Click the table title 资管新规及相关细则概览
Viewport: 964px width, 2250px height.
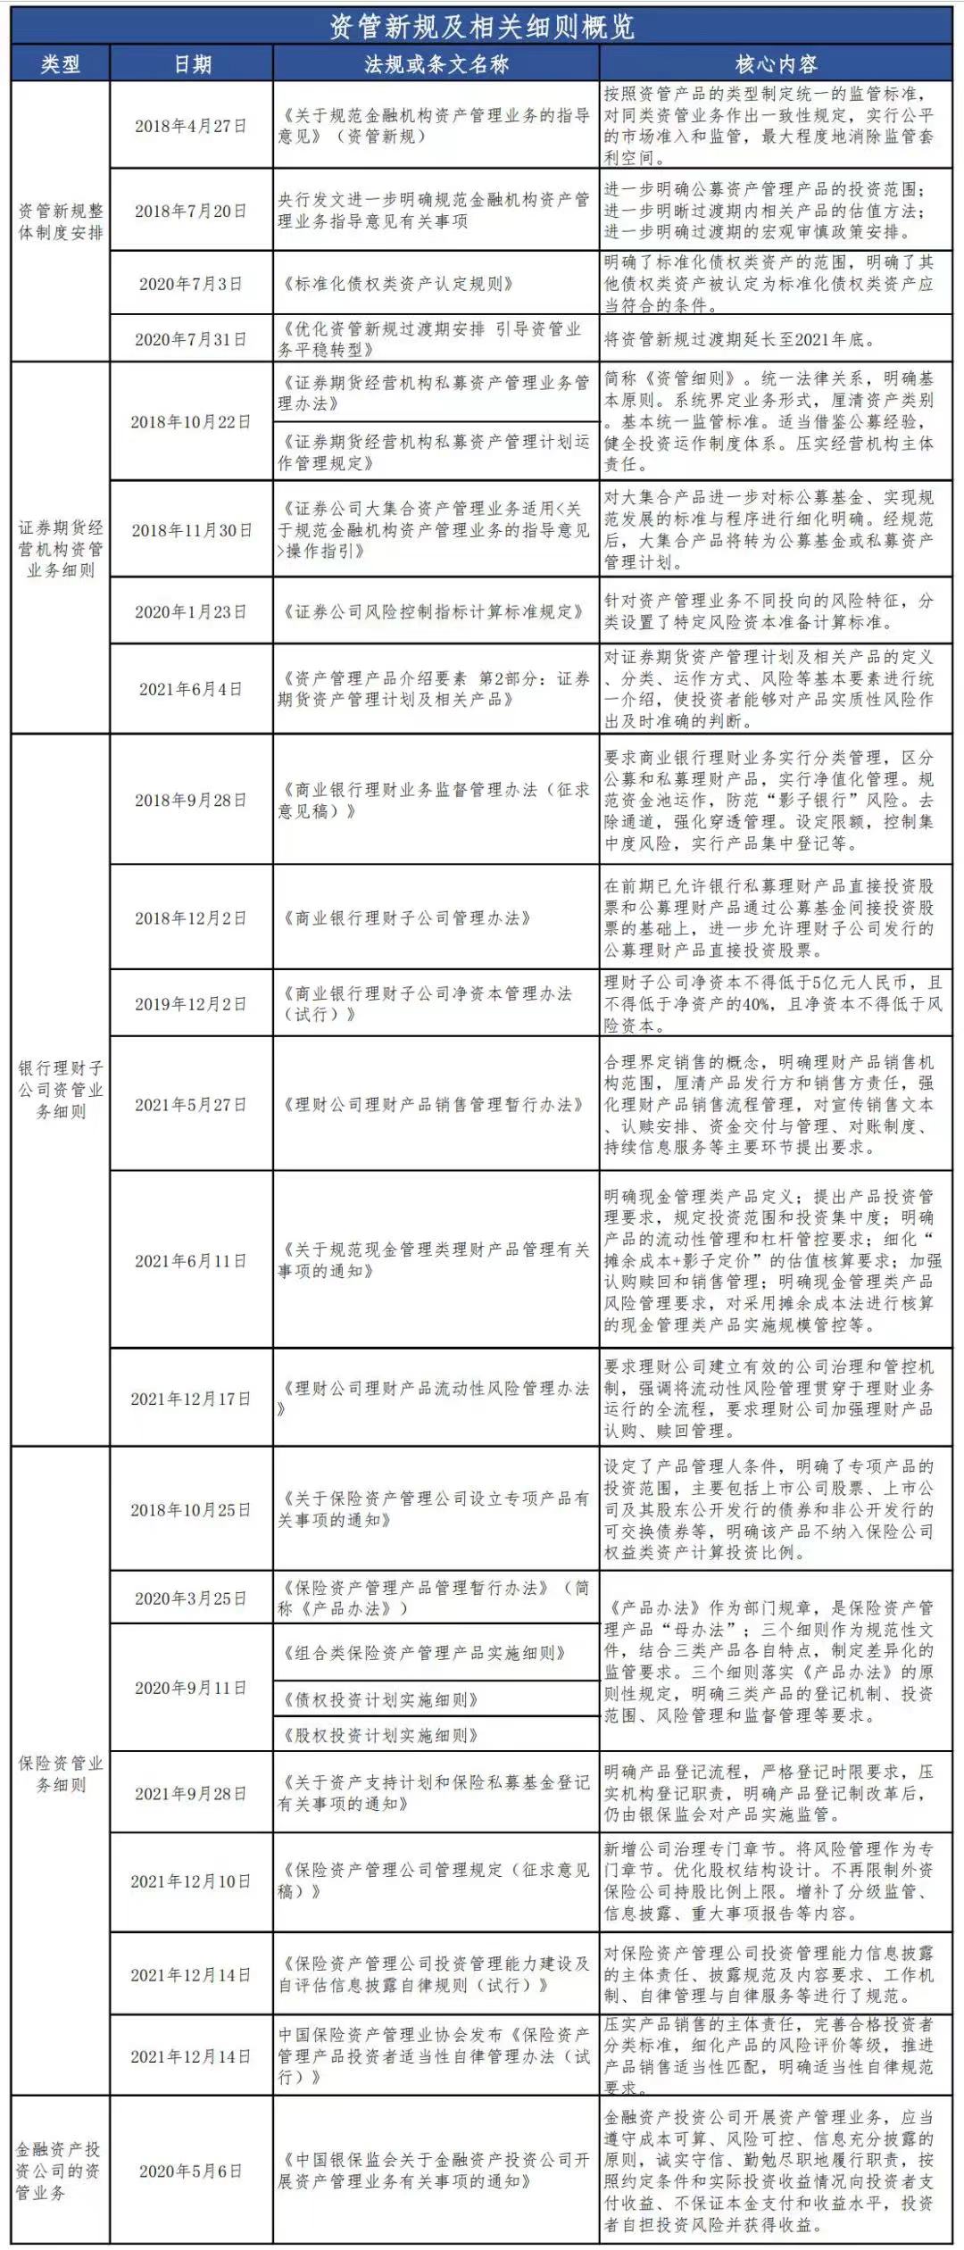click(x=482, y=27)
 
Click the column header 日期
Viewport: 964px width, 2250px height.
click(x=192, y=64)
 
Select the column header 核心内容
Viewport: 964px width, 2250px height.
click(x=776, y=64)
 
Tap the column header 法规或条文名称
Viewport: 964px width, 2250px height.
click(x=436, y=64)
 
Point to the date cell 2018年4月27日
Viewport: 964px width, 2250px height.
click(x=191, y=126)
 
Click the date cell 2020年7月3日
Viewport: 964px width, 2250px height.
click(x=191, y=284)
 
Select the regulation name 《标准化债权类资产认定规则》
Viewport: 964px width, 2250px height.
click(x=398, y=284)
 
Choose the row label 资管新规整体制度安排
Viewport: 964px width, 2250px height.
click(x=61, y=221)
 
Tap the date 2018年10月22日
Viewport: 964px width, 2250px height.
click(x=191, y=421)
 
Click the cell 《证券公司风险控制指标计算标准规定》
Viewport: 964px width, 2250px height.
click(x=433, y=611)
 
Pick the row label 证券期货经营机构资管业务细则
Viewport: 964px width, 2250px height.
click(x=61, y=548)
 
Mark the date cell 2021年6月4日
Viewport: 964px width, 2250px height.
click(x=191, y=689)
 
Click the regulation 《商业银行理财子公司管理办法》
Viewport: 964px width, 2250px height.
click(x=407, y=917)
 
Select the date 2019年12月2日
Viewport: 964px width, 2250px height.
click(x=191, y=1004)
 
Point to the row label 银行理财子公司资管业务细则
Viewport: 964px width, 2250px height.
click(x=61, y=1089)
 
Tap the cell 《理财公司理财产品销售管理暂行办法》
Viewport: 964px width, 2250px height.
click(x=433, y=1104)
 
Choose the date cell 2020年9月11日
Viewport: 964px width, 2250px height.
click(x=191, y=1688)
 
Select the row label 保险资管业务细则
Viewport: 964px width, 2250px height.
click(x=61, y=1773)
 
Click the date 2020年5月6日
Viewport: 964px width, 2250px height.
click(x=191, y=2171)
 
